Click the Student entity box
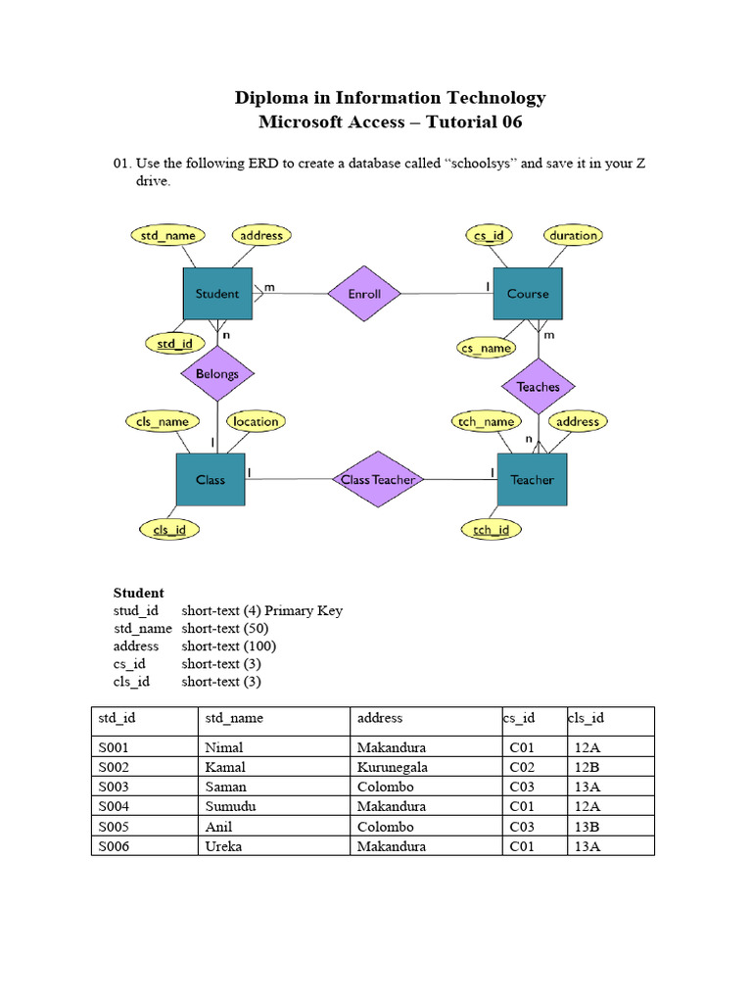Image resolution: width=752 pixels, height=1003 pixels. [217, 294]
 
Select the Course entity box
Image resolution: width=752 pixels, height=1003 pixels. [528, 294]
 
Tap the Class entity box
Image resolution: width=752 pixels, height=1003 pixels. [211, 479]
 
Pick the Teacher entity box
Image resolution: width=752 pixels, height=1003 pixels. [532, 480]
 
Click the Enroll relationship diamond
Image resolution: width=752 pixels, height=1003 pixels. [364, 294]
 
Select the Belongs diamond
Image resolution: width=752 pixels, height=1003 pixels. [216, 373]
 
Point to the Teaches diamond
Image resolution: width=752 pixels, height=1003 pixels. [538, 386]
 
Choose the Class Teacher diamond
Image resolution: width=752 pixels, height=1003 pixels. [378, 479]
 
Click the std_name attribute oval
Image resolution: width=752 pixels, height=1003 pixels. [168, 235]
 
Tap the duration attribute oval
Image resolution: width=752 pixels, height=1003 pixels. [573, 235]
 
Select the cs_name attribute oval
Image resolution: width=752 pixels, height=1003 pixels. [487, 348]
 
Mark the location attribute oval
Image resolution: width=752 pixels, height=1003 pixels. [256, 421]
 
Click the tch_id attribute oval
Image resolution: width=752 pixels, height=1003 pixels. [492, 529]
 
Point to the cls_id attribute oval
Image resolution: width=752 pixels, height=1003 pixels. [169, 529]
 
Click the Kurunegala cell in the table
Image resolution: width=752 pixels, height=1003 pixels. [393, 767]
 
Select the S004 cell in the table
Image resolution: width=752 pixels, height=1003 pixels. [115, 807]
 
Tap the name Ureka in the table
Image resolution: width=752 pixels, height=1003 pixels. [223, 846]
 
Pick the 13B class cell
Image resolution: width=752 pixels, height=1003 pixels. [587, 827]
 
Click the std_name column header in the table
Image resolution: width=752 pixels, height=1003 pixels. [234, 718]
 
